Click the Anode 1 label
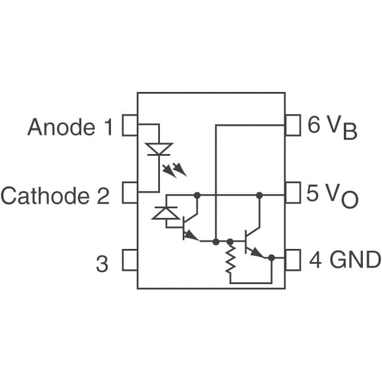pos(69,127)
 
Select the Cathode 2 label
pos(55,195)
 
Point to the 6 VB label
pos(332,127)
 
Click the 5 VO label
pos(332,195)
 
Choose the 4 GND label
pos(344,260)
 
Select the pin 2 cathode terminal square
pos(130,193)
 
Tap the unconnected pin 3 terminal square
pos(130,260)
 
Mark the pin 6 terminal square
pos(292,125)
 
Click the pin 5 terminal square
pos(292,193)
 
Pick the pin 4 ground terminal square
pos(292,260)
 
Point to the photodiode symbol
pos(165,212)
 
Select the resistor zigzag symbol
pos(230,262)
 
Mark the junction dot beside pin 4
pos(272,258)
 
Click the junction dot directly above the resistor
pos(230,242)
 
